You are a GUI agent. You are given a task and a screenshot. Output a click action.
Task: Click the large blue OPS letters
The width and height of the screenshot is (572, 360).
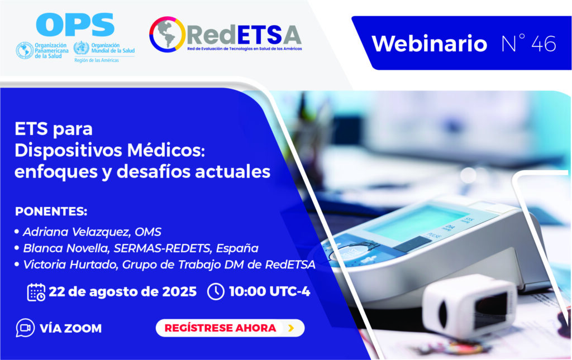75,25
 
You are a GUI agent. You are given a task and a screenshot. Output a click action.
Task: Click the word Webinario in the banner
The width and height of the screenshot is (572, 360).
430,44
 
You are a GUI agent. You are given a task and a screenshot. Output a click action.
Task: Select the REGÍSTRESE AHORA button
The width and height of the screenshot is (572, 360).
230,328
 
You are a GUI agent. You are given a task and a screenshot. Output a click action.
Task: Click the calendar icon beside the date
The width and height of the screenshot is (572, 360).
36,292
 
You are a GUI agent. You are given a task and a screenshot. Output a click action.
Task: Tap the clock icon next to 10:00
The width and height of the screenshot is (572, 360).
216,291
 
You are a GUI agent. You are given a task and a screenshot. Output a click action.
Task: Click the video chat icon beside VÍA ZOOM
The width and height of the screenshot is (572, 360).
25,328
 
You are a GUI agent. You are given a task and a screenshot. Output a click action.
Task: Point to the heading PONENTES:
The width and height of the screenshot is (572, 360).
51,212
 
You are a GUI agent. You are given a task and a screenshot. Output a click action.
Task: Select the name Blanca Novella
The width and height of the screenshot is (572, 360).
66,248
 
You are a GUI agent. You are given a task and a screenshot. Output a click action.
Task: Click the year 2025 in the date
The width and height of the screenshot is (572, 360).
179,291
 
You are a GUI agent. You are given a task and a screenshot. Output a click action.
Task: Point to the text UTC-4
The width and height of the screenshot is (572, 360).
290,291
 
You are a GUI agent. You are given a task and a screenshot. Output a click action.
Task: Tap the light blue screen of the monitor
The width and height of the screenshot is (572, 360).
415,222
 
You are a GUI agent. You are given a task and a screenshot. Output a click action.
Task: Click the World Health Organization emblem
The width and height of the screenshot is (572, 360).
81,48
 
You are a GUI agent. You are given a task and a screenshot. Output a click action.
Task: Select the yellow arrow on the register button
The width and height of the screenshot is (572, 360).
291,328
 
